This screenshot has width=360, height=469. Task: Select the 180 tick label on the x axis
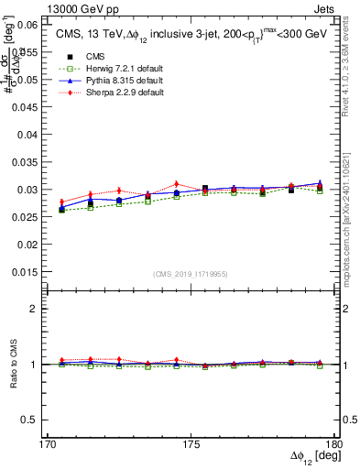tap(333, 443)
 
